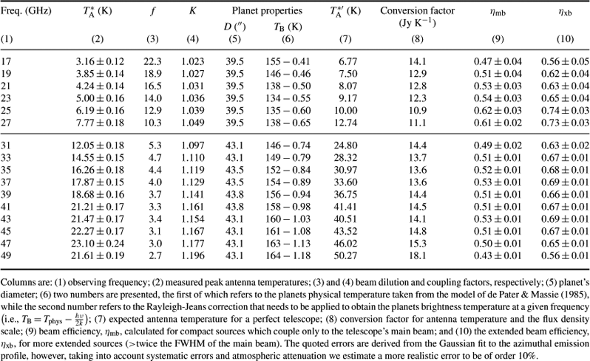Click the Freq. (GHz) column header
click(x=26, y=11)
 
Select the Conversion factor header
click(x=417, y=11)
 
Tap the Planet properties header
click(x=267, y=11)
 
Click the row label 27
click(x=6, y=123)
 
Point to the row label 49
click(x=6, y=256)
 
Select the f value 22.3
click(x=152, y=61)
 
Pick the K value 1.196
click(x=193, y=256)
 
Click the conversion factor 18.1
click(x=417, y=256)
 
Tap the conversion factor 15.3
click(x=417, y=244)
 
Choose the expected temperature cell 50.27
click(x=345, y=256)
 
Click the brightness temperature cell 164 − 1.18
click(x=288, y=256)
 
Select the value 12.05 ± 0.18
click(x=98, y=145)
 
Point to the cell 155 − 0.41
click(x=288, y=61)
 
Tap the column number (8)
click(x=417, y=39)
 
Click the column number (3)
click(x=152, y=39)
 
